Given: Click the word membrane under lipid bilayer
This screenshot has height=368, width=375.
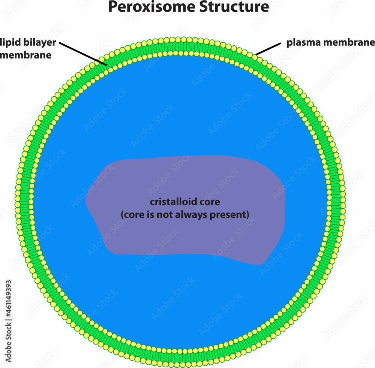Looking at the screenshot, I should coord(25,55).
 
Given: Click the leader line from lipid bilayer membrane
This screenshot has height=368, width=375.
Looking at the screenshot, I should coord(82,54).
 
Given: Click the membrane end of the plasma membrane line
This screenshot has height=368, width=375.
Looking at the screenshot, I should coord(257,55).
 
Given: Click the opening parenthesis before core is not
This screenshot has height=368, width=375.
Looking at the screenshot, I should coord(122,215).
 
